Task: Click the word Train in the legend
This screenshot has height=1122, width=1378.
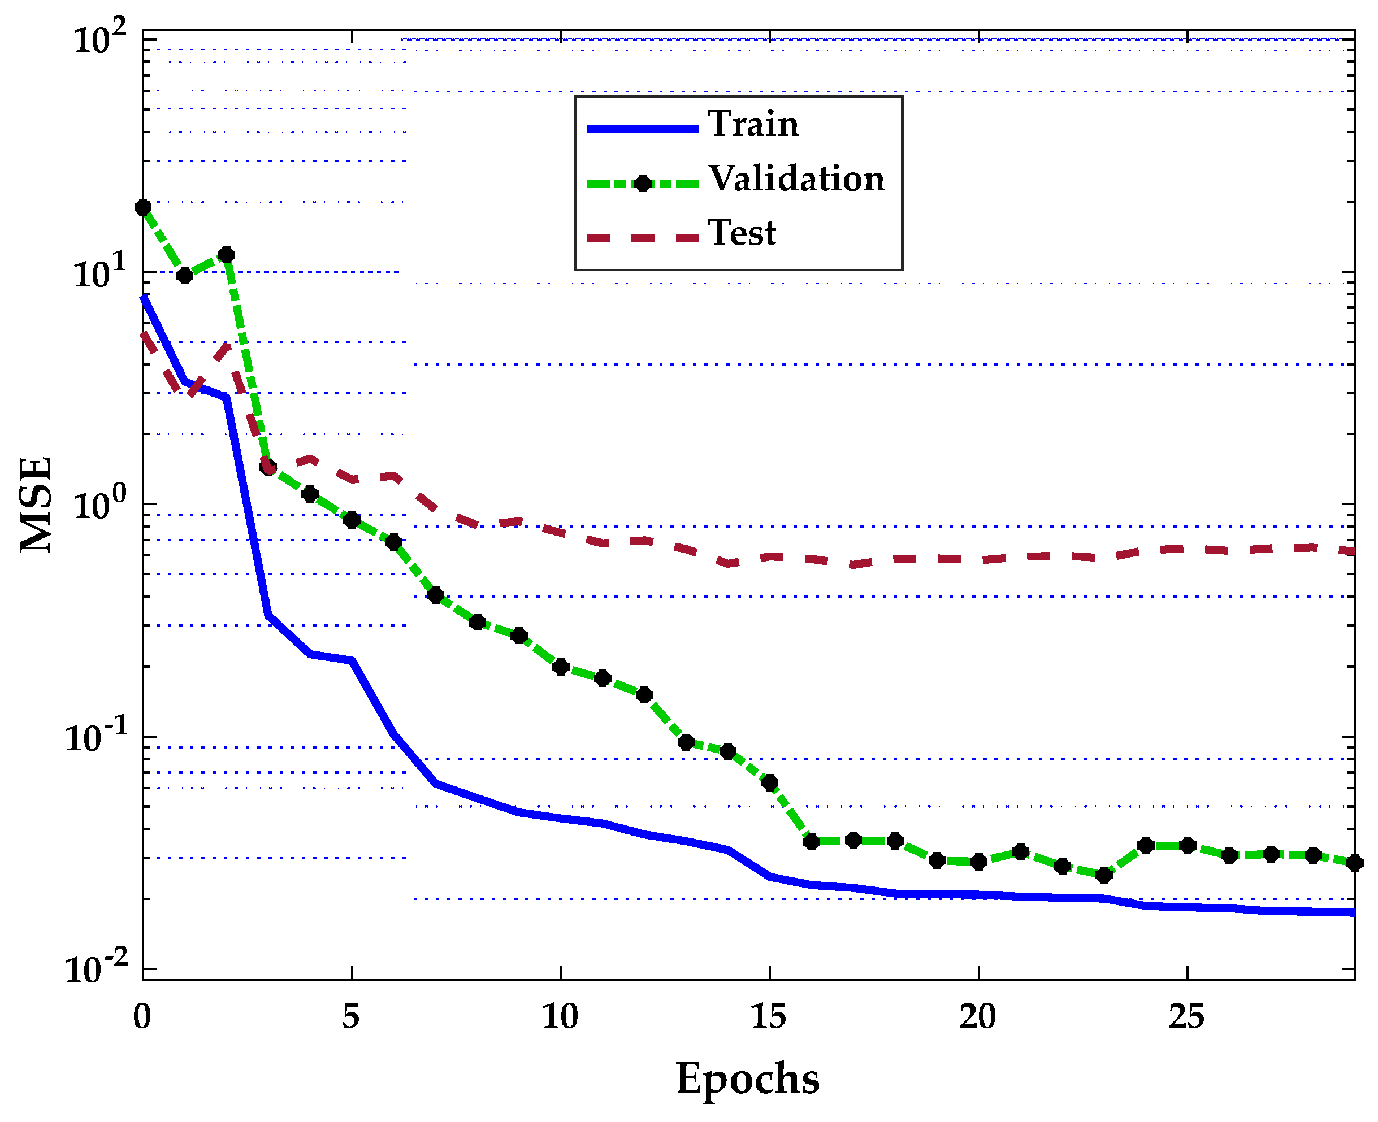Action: click(753, 124)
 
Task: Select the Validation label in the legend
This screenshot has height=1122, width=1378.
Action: click(796, 179)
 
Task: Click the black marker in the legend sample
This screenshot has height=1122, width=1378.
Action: click(642, 184)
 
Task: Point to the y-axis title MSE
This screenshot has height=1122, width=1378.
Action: click(36, 503)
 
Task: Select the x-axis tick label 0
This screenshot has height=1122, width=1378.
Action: click(142, 1017)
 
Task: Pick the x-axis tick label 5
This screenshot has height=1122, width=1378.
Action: click(350, 1017)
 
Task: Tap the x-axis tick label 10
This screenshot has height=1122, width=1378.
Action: click(560, 1017)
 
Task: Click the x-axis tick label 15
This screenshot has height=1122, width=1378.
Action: click(768, 1017)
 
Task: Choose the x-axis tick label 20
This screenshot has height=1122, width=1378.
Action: click(977, 1017)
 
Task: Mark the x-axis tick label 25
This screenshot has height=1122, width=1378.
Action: click(1186, 1017)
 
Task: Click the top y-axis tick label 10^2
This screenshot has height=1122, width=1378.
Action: click(100, 40)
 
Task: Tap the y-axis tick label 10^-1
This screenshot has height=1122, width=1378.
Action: click(97, 737)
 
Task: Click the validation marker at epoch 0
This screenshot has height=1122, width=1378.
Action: click(143, 207)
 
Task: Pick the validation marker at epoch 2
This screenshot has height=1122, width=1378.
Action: click(226, 255)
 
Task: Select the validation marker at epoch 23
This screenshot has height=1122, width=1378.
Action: click(1104, 876)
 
